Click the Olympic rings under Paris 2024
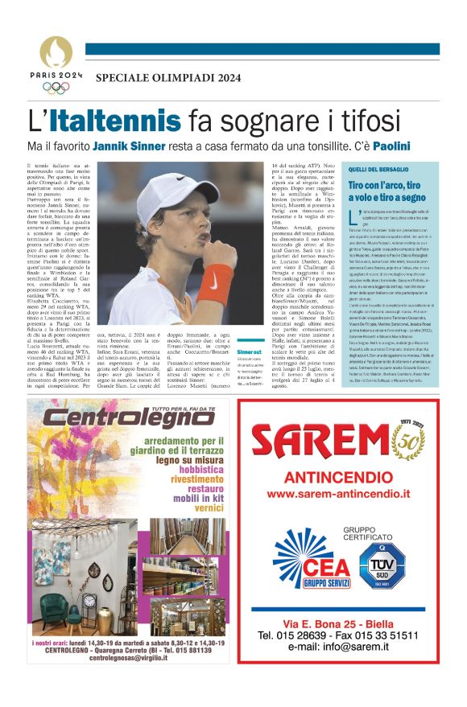click(56, 88)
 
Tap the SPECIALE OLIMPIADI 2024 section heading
click(167, 77)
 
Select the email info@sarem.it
click(337, 647)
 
